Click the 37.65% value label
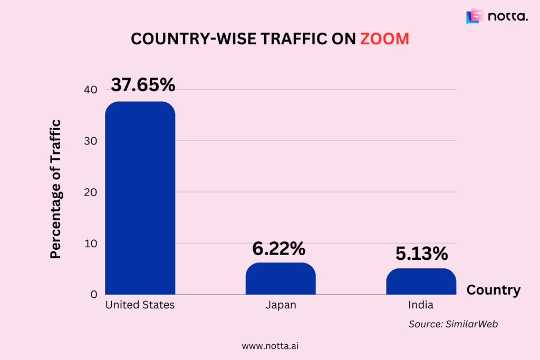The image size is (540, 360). click(x=143, y=85)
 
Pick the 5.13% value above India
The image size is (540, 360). click(x=421, y=254)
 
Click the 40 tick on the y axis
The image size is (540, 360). click(x=90, y=90)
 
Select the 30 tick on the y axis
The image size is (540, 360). click(x=90, y=141)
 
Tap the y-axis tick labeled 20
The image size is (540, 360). click(x=90, y=192)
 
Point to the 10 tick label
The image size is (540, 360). click(x=90, y=244)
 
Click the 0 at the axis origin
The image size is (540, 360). click(x=93, y=295)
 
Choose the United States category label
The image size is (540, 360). click(x=140, y=305)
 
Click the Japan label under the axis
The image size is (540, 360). click(x=281, y=305)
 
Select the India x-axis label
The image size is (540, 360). click(x=421, y=305)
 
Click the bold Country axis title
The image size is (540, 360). click(x=493, y=290)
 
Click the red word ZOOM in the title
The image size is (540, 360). click(x=384, y=39)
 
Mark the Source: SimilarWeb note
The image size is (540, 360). click(x=453, y=324)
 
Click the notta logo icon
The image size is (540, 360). click(x=475, y=16)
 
